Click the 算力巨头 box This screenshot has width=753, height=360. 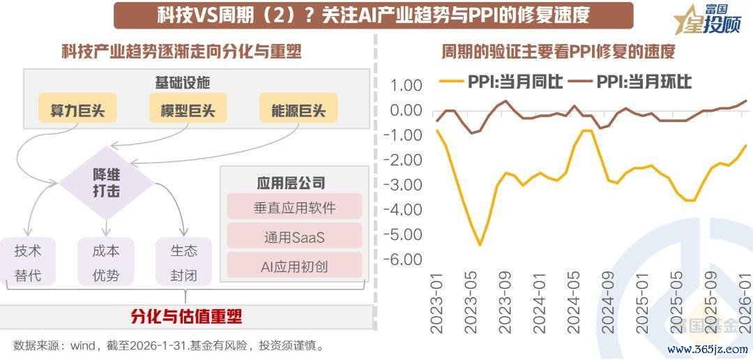point(77,110)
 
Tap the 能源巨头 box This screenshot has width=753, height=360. point(298,110)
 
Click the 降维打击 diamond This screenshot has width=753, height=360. point(106,181)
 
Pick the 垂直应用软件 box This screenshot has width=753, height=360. point(294,208)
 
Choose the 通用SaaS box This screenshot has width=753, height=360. point(294,237)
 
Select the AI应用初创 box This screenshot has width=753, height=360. point(294,265)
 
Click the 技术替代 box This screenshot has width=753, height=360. point(28,262)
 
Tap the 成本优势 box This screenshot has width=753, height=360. point(106,262)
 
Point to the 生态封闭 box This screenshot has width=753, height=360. point(184,262)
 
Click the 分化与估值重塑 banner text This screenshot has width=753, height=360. point(186,315)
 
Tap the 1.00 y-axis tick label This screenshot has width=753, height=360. point(406,86)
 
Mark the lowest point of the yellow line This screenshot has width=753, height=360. point(480,245)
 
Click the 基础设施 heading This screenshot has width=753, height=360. point(183,82)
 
